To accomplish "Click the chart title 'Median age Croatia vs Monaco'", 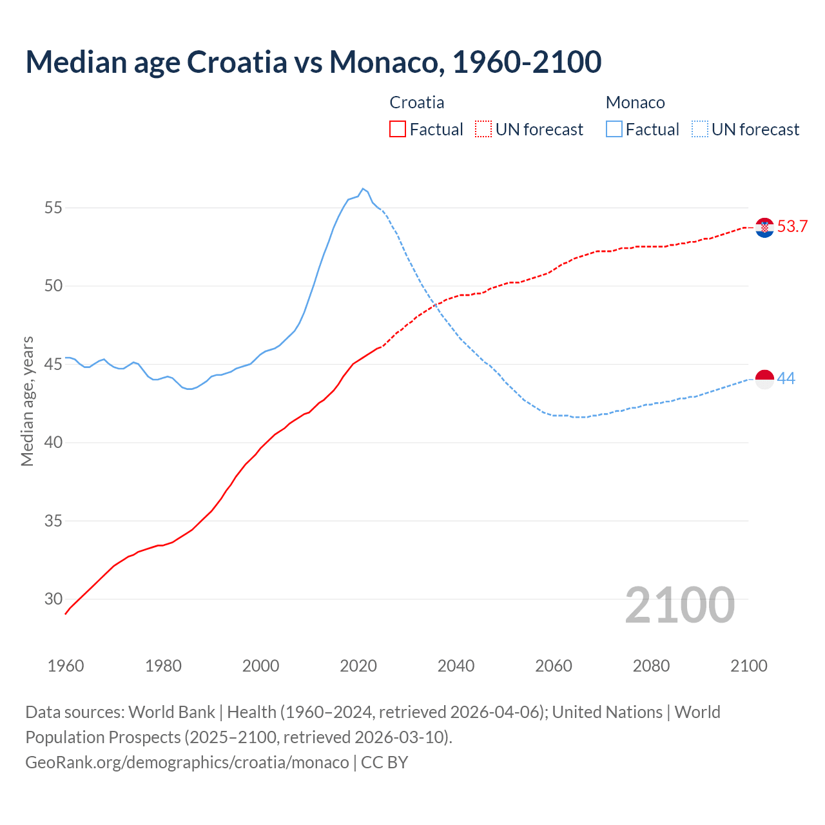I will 313,62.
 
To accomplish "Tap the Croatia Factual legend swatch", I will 398,130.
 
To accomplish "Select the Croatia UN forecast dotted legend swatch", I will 483,130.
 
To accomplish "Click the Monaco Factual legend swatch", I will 614,130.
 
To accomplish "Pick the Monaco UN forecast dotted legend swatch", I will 700,130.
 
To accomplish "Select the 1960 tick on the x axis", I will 66,666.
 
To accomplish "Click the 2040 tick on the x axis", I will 456,666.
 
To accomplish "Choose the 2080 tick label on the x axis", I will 651,666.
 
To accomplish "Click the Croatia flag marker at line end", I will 764,228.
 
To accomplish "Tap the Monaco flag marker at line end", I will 764,380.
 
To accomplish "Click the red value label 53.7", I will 792,227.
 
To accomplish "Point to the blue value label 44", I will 786,379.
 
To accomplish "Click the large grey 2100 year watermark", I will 679,605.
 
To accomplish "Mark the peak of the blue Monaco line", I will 363,189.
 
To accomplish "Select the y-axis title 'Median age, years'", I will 27,401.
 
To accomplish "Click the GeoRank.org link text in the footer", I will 187,762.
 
